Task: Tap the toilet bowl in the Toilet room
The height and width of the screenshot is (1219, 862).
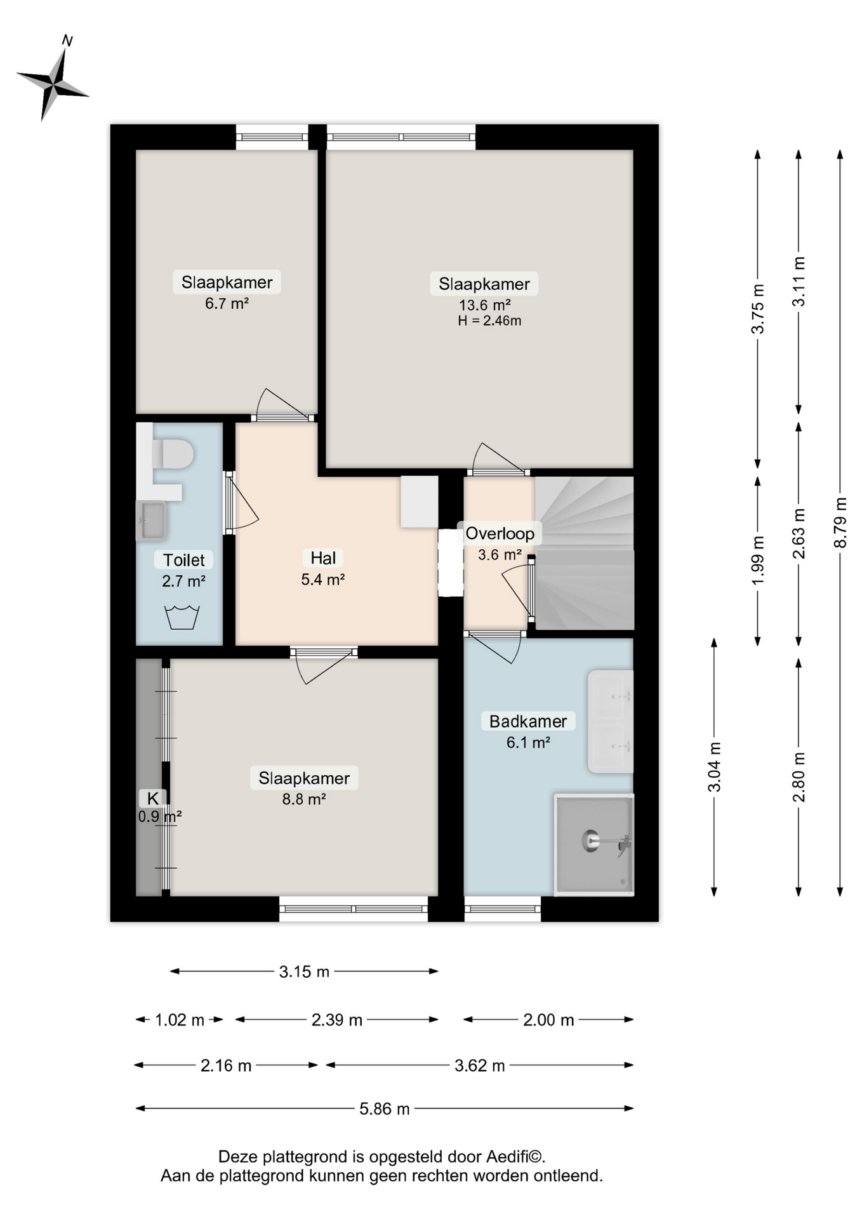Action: click(173, 454)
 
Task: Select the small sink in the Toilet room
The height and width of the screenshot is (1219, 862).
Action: click(151, 521)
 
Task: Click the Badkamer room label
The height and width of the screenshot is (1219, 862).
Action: click(528, 721)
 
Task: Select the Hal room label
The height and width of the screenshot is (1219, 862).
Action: click(323, 558)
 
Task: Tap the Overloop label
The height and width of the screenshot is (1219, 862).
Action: click(500, 533)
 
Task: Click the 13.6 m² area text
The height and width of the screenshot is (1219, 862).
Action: click(485, 305)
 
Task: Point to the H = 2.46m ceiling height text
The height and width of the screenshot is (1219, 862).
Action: click(489, 321)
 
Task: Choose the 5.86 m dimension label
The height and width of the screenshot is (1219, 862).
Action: click(385, 1109)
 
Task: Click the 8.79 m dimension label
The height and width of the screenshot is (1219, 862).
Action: click(840, 522)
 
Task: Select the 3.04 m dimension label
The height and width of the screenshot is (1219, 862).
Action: click(714, 767)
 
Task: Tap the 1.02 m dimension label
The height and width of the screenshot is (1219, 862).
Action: click(180, 1020)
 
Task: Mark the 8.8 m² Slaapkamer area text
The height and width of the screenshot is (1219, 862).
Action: click(304, 799)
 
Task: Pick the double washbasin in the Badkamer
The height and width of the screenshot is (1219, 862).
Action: click(611, 722)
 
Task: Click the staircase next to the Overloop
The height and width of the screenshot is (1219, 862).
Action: click(584, 552)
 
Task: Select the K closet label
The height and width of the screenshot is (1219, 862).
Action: click(153, 798)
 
